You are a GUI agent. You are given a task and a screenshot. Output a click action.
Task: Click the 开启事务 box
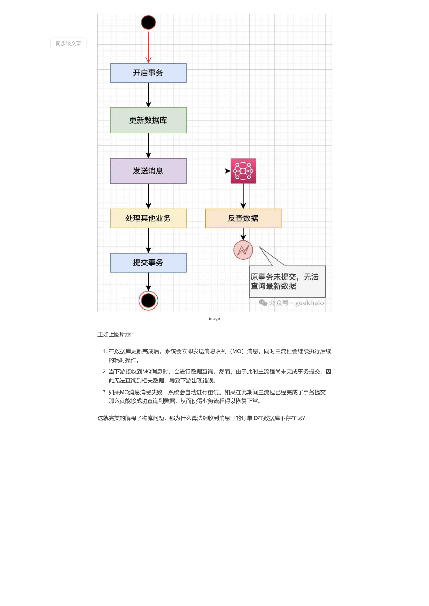coord(148,73)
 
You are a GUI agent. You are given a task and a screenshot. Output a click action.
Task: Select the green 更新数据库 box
coord(148,120)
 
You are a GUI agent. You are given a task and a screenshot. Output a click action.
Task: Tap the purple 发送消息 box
coord(148,171)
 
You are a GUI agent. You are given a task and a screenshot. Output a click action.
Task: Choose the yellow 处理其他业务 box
coord(148,218)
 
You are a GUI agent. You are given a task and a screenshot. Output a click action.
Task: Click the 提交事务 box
coord(148,263)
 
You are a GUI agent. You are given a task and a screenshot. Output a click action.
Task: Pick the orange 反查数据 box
coord(243,218)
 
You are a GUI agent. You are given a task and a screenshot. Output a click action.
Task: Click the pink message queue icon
coord(243,171)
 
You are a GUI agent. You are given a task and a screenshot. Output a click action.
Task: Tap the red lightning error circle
coord(243,250)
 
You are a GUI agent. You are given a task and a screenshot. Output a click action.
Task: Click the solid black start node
coord(148,22)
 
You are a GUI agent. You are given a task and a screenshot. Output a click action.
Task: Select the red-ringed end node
coord(148,301)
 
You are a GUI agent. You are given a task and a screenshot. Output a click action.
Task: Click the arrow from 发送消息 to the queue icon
coord(208,171)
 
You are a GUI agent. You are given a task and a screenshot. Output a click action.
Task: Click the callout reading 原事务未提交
coord(288,282)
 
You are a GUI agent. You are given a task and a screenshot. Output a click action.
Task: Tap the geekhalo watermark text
coord(309,303)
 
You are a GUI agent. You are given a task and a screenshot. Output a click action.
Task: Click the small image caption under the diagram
coord(214,319)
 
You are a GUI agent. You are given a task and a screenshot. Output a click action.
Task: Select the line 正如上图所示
coord(115,334)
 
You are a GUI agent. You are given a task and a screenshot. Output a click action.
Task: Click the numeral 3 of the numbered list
coord(104,392)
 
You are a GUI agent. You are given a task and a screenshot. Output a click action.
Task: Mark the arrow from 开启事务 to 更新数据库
coord(148,95)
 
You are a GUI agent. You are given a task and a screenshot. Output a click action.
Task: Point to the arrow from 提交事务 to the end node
coord(148,282)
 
